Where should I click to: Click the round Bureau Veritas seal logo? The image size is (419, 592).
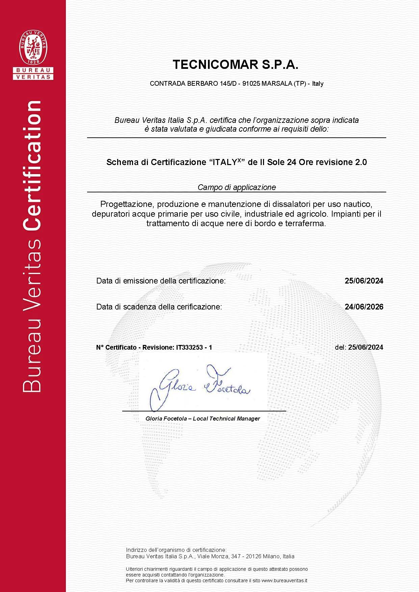pyautogui.click(x=33, y=47)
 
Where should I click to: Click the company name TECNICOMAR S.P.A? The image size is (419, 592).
pyautogui.click(x=235, y=64)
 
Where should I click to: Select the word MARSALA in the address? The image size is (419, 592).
pyautogui.click(x=277, y=84)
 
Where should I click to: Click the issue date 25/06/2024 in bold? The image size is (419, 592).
pyautogui.click(x=364, y=281)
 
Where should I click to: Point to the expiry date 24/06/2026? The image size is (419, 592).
pyautogui.click(x=364, y=307)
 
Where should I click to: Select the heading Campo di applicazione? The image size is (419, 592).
pyautogui.click(x=237, y=187)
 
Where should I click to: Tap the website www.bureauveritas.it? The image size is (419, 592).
pyautogui.click(x=284, y=581)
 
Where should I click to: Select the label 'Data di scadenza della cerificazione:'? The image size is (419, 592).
pyautogui.click(x=159, y=307)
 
